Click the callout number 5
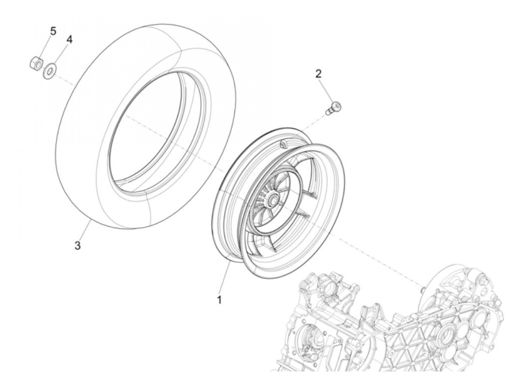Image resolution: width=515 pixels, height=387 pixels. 53,31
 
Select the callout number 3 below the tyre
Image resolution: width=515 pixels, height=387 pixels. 77,246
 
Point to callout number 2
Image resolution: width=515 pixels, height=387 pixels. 318,73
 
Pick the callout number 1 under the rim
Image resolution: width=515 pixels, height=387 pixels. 219,300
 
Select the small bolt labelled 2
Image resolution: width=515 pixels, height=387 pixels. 334,107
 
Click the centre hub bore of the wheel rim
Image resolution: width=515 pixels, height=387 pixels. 274,201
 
